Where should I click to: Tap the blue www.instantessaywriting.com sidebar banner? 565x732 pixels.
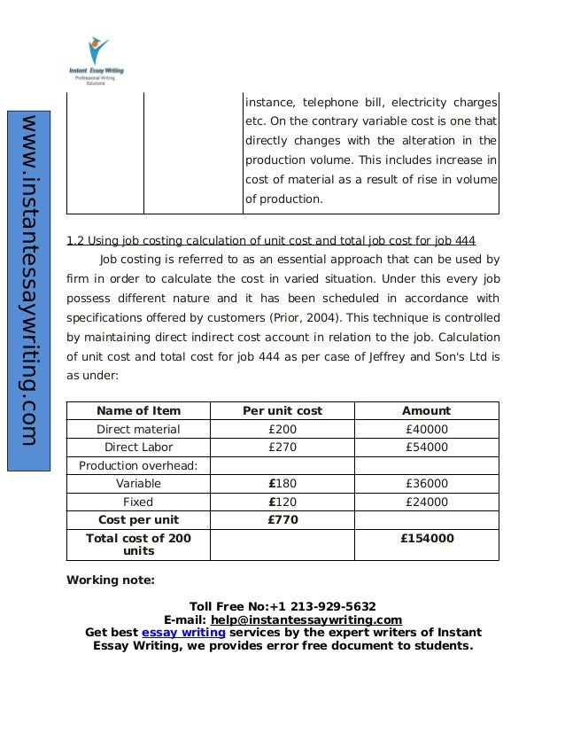pyautogui.click(x=28, y=280)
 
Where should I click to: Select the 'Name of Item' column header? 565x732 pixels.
pyautogui.click(x=138, y=410)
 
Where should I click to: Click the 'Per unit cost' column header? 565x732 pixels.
pyautogui.click(x=282, y=410)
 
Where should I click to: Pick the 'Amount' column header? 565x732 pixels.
pyautogui.click(x=426, y=410)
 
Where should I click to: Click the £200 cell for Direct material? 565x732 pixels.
pyautogui.click(x=282, y=429)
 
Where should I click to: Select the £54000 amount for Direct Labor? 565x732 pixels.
pyautogui.click(x=426, y=448)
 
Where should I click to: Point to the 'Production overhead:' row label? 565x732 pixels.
pyautogui.click(x=138, y=465)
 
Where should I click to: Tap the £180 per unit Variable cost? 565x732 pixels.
pyautogui.click(x=282, y=484)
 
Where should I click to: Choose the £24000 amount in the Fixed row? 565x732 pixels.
pyautogui.click(x=426, y=502)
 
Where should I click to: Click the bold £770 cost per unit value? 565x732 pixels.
pyautogui.click(x=282, y=520)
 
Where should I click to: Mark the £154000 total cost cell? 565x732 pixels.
pyautogui.click(x=426, y=538)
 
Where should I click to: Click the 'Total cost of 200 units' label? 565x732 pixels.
pyautogui.click(x=138, y=544)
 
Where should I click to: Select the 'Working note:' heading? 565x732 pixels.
pyautogui.click(x=111, y=580)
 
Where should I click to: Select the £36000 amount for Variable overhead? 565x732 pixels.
pyautogui.click(x=426, y=484)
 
